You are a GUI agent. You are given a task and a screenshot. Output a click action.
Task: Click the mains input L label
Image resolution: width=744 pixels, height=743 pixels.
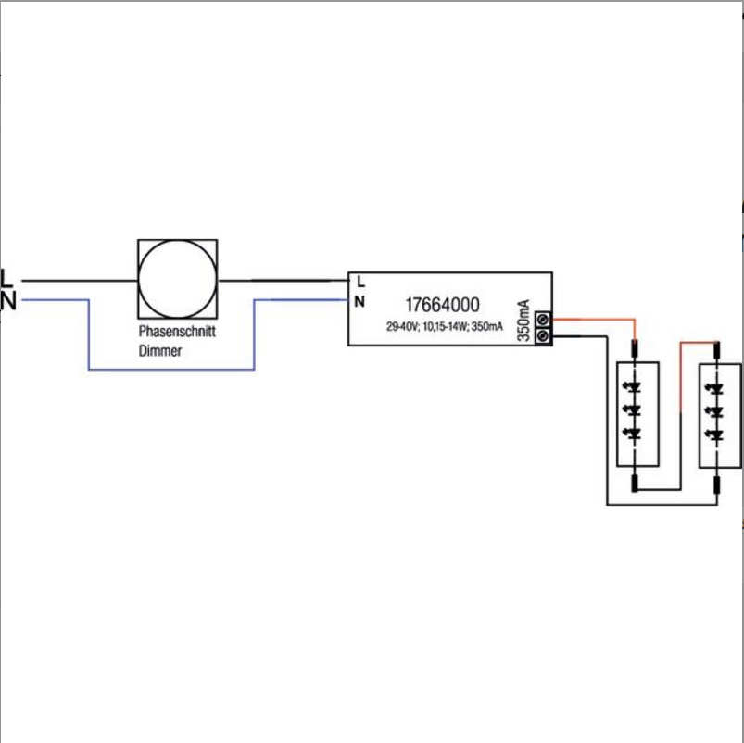[x=6, y=279]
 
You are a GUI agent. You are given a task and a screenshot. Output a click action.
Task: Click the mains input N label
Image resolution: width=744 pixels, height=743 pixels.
[x=8, y=301]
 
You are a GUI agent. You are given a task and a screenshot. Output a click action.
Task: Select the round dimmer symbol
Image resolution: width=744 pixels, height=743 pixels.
[x=178, y=279]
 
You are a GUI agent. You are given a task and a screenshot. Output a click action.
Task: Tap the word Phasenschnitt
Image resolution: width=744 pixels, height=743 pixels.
[x=177, y=331]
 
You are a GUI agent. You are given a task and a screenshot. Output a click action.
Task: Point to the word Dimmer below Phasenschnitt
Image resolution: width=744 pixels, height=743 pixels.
[x=160, y=351]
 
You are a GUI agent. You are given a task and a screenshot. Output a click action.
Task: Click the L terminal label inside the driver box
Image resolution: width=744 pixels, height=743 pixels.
[x=360, y=282]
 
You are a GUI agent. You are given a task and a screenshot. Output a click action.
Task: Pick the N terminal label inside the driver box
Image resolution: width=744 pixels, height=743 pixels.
[x=359, y=301]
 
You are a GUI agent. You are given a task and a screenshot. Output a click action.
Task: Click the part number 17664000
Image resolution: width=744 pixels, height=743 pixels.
[x=442, y=305]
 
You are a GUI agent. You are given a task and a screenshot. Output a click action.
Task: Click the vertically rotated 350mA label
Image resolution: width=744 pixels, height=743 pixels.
[x=523, y=321]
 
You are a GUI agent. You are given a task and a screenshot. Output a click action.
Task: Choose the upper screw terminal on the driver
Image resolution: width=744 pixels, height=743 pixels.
[x=543, y=320]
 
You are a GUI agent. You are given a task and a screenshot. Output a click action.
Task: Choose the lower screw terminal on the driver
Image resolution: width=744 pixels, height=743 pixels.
[x=543, y=336]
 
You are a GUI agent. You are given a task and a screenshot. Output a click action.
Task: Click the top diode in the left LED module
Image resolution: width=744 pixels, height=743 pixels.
[x=632, y=387]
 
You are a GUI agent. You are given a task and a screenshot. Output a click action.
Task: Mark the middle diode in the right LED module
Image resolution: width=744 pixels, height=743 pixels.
[x=714, y=412]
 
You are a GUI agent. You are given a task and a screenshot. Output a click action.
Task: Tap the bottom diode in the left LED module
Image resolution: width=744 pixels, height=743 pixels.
[x=632, y=434]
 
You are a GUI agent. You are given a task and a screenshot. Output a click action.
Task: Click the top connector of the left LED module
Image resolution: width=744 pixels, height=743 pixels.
[x=635, y=348]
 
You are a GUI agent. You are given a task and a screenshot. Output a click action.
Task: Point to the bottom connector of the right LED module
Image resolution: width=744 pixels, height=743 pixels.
[x=717, y=485]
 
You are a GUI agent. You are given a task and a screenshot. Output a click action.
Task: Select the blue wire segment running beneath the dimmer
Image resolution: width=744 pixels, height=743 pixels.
[x=171, y=369]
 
